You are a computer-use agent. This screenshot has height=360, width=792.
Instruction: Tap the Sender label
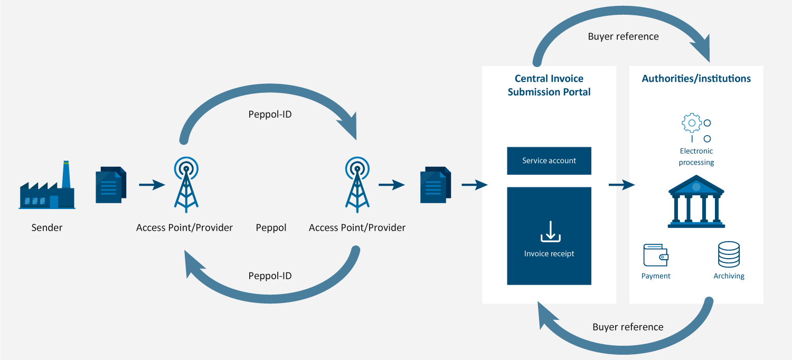pos(47,228)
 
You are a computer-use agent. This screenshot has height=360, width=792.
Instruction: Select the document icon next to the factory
pos(111,185)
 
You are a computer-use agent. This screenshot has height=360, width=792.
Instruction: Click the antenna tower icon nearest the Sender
pos(185,185)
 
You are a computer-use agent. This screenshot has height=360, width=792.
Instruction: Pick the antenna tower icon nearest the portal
pos(357,185)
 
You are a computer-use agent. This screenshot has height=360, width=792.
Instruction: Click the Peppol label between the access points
pos(271,228)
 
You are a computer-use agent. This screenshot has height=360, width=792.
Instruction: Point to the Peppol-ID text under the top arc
pos(270,114)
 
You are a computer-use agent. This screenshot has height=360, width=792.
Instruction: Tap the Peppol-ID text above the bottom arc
pos(270,276)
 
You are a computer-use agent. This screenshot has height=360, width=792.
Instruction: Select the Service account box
pos(549,161)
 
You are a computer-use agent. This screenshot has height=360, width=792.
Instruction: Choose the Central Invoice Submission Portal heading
pos(549,85)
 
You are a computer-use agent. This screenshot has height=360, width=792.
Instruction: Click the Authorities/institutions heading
pos(696,79)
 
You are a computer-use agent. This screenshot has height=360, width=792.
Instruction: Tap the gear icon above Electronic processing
pos(692,123)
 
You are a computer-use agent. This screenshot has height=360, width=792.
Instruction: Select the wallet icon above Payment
pos(656,255)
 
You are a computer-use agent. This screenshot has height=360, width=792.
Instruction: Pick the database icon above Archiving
pos(729,254)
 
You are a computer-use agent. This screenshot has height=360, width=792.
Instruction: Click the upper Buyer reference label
pos(623,36)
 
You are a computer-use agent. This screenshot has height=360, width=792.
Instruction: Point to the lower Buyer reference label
pos(628,327)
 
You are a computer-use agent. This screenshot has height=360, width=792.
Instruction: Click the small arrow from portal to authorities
pos(621,185)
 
